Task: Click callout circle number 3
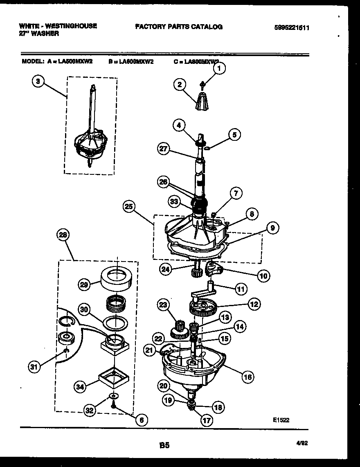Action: click(x=38, y=81)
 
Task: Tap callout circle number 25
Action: click(x=129, y=207)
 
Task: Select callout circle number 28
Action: click(x=63, y=235)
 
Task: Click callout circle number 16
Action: click(x=248, y=377)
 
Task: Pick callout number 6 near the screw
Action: click(x=141, y=420)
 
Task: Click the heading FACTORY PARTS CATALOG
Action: click(x=178, y=27)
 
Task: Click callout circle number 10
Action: click(x=262, y=276)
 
